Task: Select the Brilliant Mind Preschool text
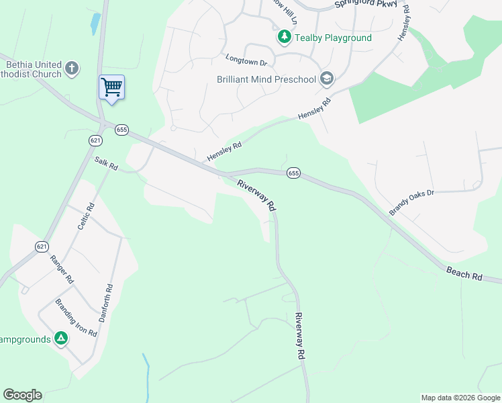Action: pos(266,79)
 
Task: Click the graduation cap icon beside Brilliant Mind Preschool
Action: pos(326,79)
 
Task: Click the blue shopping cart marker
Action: pos(111,87)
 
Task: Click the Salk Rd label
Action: pos(106,163)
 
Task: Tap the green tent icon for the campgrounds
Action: pos(61,339)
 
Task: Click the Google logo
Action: pos(22,395)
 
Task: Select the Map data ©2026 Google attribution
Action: pos(460,398)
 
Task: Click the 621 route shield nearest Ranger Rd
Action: pos(42,247)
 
